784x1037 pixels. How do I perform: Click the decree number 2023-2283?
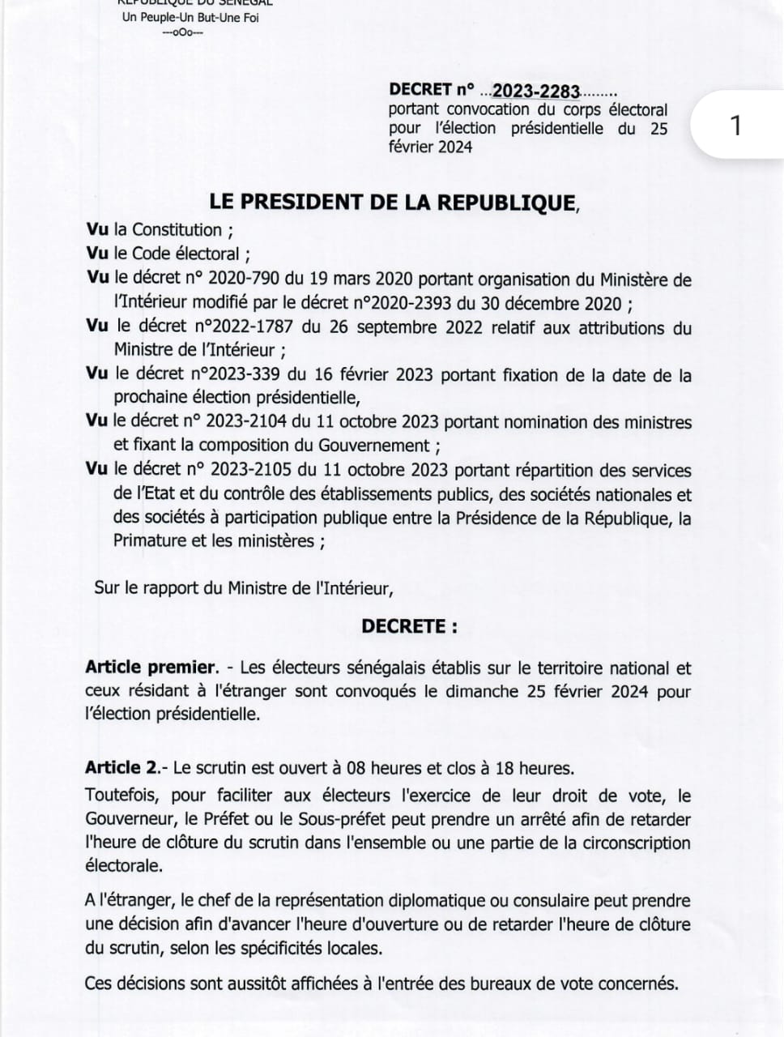click(535, 90)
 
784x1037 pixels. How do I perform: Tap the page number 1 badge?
click(735, 126)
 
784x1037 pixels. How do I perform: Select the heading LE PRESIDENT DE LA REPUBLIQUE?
click(392, 202)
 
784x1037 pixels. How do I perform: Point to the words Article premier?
click(151, 668)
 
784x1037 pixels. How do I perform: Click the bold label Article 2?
click(121, 768)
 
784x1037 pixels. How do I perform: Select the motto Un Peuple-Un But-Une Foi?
click(190, 18)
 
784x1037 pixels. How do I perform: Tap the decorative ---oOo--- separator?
click(183, 33)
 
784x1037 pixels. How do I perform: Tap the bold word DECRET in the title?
click(419, 89)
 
